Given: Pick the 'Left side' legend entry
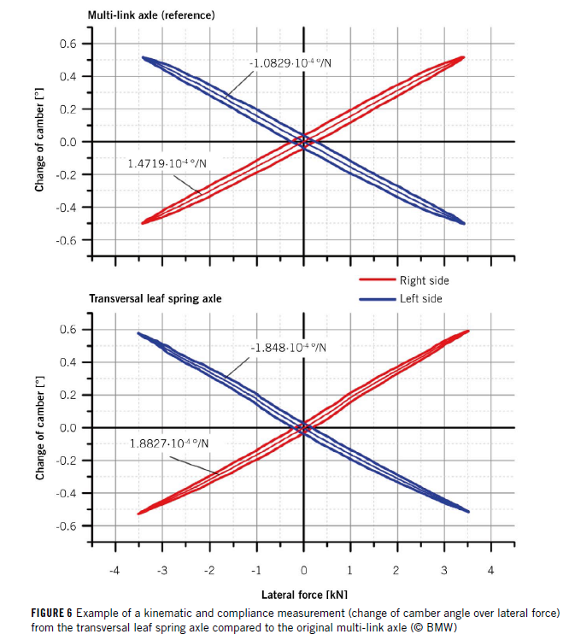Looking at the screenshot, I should pyautogui.click(x=419, y=299).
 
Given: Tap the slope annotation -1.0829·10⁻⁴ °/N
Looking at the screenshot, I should pyautogui.click(x=292, y=63).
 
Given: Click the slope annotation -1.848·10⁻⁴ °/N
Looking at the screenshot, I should pyautogui.click(x=290, y=348).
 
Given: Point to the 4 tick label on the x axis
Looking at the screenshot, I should pyautogui.click(x=490, y=570).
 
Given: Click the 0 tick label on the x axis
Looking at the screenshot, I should pyautogui.click(x=303, y=570).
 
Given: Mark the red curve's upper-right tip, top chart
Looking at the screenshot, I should pyautogui.click(x=463, y=57).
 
